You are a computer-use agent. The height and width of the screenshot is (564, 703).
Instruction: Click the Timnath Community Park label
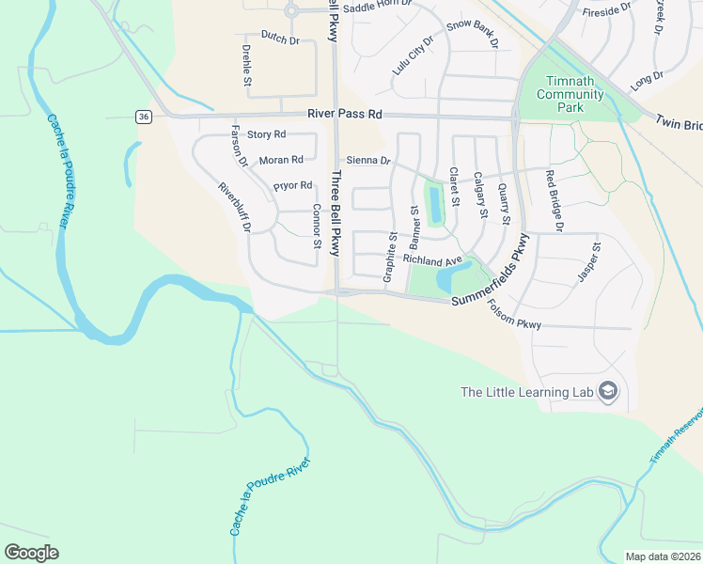(565, 94)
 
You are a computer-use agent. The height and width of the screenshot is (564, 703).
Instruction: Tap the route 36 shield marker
(143, 117)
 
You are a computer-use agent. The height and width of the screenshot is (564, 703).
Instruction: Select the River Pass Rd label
(346, 114)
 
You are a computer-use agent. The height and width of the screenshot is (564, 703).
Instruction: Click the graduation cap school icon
(607, 392)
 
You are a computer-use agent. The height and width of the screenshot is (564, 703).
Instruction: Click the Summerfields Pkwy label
(491, 275)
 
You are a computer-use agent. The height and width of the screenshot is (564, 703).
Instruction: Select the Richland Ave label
(432, 259)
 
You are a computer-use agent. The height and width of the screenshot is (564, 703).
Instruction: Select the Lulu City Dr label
(414, 55)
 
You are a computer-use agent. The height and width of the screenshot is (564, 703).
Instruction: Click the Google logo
(31, 553)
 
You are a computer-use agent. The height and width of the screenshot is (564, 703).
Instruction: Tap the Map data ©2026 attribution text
(663, 556)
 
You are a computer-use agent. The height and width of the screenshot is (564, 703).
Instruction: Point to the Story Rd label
(266, 135)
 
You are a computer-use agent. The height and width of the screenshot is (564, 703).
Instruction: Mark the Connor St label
(318, 227)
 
